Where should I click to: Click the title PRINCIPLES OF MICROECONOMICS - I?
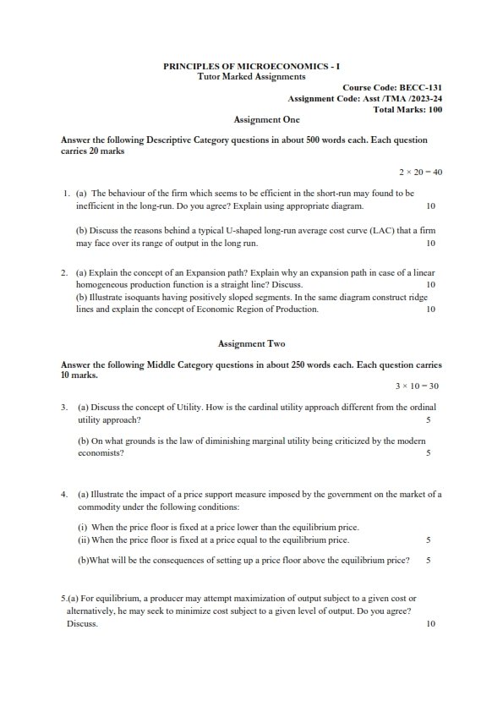[x=251, y=66]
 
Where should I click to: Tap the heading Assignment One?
[x=251, y=120]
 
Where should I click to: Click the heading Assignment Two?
[x=251, y=344]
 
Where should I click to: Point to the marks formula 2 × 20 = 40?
[x=420, y=172]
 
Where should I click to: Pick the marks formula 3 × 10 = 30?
[x=417, y=386]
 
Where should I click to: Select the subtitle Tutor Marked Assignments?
[x=251, y=76]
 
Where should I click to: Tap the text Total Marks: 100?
[x=407, y=109]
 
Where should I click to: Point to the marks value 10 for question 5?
[x=430, y=624]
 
